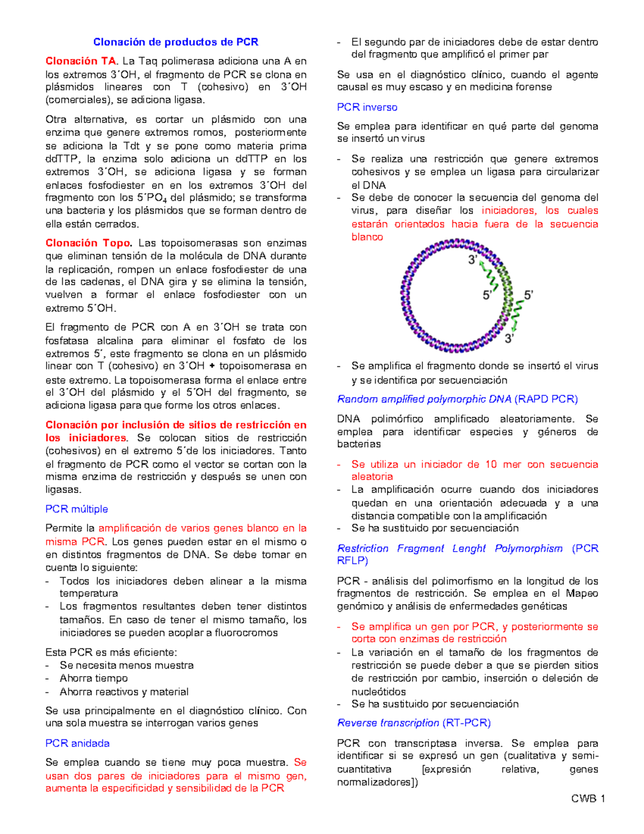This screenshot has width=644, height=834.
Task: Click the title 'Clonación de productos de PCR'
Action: (x=175, y=42)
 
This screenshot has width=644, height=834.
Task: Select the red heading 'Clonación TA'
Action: (x=80, y=61)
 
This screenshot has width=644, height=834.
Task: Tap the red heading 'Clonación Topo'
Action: (x=88, y=243)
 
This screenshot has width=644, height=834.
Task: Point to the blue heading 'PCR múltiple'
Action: (x=77, y=509)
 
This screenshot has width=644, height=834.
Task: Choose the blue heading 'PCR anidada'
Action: (x=77, y=743)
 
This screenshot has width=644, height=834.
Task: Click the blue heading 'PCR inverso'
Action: (x=367, y=107)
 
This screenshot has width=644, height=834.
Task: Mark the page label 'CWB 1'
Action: (x=588, y=799)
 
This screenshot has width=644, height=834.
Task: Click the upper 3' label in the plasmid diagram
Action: (x=473, y=260)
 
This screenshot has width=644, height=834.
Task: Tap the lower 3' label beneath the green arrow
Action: (x=509, y=338)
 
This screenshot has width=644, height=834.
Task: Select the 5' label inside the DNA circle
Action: (x=488, y=295)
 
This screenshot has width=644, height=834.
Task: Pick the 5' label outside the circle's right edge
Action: (x=529, y=295)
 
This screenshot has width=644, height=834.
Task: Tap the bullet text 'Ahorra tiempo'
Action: (x=93, y=678)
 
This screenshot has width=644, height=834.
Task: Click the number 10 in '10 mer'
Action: (x=491, y=465)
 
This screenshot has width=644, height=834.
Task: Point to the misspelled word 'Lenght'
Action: (x=469, y=548)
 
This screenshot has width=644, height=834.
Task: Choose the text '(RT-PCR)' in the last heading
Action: (x=466, y=723)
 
